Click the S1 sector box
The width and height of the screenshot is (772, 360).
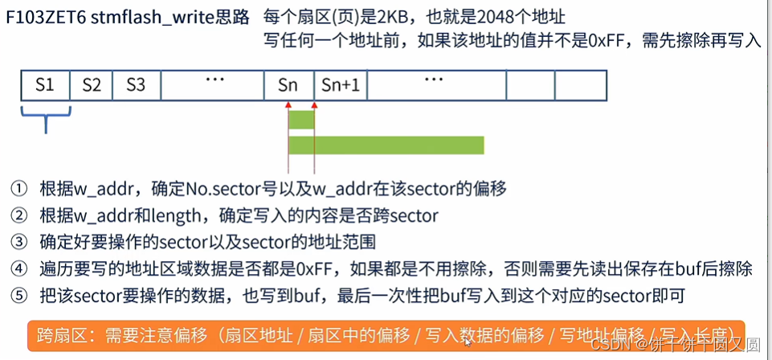coord(45,84)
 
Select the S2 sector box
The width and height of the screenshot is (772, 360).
coord(92,84)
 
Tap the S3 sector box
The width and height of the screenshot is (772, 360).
coord(136,84)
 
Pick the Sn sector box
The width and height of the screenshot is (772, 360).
coord(288,84)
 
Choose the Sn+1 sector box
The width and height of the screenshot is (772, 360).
coord(341,84)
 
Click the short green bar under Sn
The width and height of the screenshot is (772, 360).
coord(301,120)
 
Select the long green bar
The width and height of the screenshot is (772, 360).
coord(386,145)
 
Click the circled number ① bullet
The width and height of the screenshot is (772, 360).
coord(18,190)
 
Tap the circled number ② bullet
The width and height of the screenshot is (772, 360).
coord(18,216)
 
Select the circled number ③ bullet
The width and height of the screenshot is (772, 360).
coord(18,243)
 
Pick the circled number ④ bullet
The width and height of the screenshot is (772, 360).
coord(18,269)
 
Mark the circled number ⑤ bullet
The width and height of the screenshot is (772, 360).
coord(18,296)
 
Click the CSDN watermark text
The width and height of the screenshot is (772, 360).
coord(608,345)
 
